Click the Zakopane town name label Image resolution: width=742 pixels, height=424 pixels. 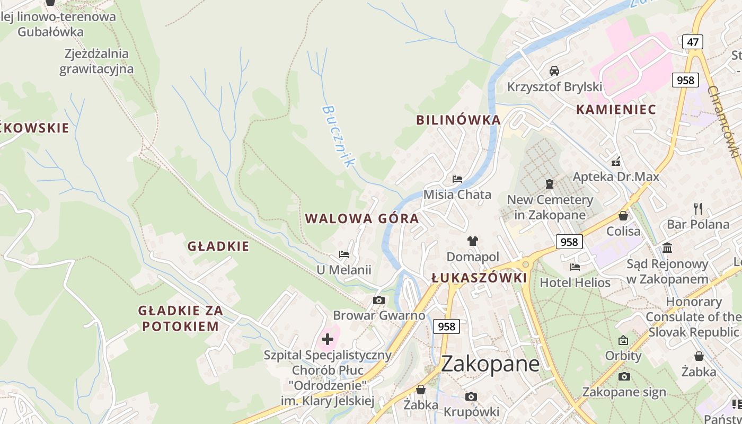tap(490, 364)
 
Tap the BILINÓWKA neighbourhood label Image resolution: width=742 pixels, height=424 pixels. tap(458, 120)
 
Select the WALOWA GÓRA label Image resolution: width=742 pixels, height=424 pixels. tap(362, 218)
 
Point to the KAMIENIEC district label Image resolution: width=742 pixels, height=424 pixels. tap(616, 110)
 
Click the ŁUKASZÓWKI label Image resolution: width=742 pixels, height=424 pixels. tap(479, 278)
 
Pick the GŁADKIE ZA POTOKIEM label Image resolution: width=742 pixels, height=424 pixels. tap(181, 318)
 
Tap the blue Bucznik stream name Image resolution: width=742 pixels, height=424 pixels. tap(337, 136)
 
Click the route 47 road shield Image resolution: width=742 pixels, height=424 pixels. tap(693, 42)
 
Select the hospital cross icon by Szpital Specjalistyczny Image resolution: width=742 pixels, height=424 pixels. tap(328, 339)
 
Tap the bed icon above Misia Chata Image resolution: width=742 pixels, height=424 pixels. tap(457, 179)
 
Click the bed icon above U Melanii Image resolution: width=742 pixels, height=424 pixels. tap(344, 254)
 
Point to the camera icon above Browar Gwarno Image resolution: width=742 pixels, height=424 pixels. tap(378, 301)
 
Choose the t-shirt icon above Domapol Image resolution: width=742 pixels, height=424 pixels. tap(473, 241)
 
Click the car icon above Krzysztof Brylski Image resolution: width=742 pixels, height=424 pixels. tap(554, 71)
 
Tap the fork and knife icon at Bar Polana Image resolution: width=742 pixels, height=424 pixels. tap(698, 208)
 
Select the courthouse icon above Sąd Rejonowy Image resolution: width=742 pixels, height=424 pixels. tap(667, 248)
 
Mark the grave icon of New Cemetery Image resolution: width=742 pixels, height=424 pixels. tap(550, 184)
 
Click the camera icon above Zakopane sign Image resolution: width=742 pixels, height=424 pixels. tap(624, 376)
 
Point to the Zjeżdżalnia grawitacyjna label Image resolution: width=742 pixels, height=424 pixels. tap(96, 61)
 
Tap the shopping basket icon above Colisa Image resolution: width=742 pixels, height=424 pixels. tap(623, 216)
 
